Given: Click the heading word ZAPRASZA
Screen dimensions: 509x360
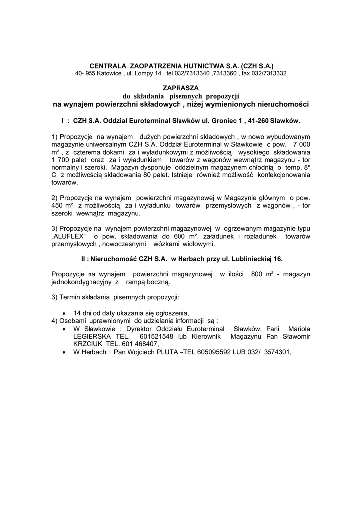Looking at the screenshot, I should (180, 87).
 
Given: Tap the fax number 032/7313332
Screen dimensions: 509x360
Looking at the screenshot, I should (269, 73).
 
